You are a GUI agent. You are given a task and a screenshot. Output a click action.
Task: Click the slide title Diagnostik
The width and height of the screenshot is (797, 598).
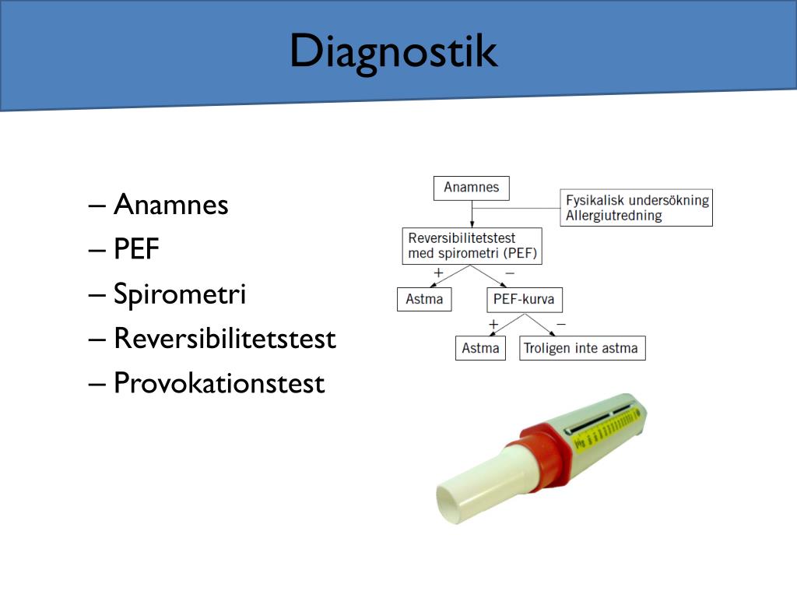click(x=393, y=52)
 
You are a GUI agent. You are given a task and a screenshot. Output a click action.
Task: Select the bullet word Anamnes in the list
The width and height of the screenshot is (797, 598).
click(x=170, y=205)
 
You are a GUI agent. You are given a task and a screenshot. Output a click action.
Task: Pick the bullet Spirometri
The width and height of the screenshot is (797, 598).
click(x=179, y=294)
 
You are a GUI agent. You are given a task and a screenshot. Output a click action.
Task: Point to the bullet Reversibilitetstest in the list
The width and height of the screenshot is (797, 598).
click(x=224, y=339)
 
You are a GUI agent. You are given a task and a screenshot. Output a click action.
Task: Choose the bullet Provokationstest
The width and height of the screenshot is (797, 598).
click(x=219, y=384)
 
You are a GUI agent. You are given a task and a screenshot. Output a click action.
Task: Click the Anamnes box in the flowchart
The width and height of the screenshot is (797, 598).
click(x=471, y=188)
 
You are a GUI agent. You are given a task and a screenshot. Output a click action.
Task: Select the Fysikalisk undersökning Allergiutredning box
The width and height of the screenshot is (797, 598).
click(x=637, y=208)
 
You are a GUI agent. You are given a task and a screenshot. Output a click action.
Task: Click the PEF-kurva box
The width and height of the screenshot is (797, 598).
click(x=525, y=300)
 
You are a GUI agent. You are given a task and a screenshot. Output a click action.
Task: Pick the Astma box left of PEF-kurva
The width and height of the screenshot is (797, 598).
click(x=424, y=300)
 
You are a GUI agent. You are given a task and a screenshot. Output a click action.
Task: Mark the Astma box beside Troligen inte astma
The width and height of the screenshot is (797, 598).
click(x=480, y=348)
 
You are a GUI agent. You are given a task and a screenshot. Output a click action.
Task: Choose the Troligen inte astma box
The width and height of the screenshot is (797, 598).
click(x=582, y=348)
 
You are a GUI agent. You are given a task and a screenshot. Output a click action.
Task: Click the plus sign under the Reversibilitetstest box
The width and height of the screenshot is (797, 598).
click(x=438, y=273)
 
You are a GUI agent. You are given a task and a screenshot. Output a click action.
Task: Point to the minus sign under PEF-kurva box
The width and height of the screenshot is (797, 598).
click(x=561, y=322)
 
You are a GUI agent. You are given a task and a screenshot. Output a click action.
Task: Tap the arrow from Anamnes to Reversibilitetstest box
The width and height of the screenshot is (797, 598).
click(x=471, y=214)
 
